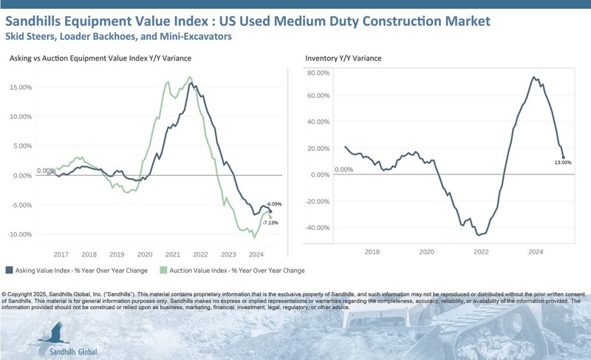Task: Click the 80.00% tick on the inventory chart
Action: [318, 73]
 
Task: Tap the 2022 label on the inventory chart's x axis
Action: [482, 252]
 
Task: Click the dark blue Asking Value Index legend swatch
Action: [9, 271]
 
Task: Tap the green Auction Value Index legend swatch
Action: [165, 271]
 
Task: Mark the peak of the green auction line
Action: [190, 77]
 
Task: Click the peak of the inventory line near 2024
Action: [533, 77]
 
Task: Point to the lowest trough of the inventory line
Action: [478, 235]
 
